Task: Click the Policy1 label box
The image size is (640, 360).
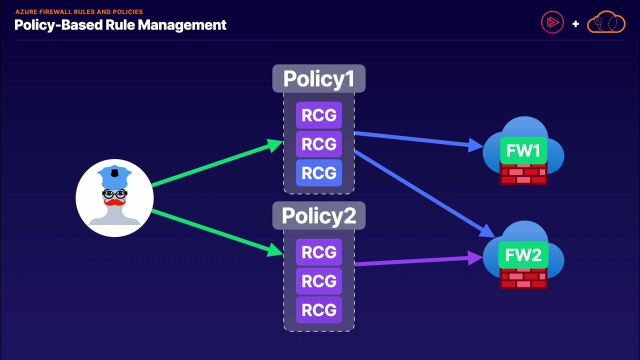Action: [319, 79]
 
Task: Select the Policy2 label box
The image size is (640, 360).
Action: [319, 215]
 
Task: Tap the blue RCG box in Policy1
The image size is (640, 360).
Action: [319, 173]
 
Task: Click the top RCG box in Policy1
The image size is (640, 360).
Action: [319, 115]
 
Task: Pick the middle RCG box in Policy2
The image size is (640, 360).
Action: [319, 281]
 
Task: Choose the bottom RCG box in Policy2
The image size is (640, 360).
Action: [319, 310]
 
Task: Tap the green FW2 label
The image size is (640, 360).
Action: [523, 255]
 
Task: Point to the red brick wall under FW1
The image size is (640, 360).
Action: [523, 175]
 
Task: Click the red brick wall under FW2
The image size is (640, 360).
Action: [523, 279]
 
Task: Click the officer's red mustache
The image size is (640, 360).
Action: [115, 202]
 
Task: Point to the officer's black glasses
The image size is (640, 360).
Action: [115, 193]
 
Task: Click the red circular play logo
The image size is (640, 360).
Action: [552, 22]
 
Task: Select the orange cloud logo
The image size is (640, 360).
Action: [606, 23]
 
